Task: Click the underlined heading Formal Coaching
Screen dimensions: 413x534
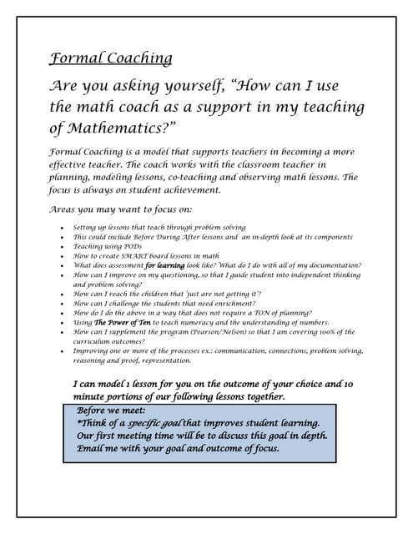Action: click(111, 58)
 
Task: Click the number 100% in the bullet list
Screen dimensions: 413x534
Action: click(321, 331)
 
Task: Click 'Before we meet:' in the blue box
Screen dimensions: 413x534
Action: click(111, 411)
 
